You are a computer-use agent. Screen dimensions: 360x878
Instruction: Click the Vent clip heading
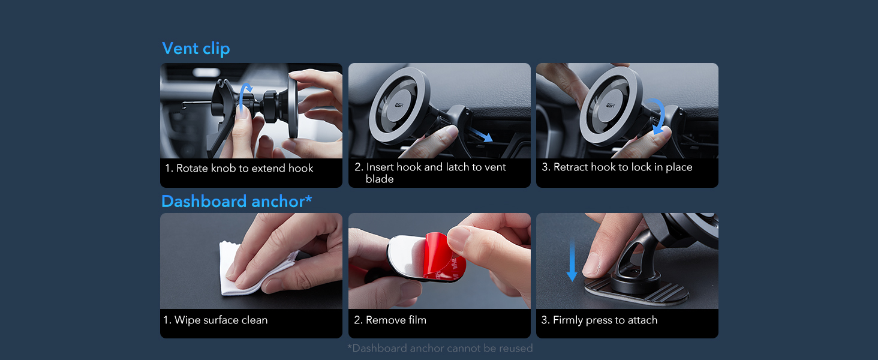(196, 49)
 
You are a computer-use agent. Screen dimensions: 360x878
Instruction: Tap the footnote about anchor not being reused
(440, 348)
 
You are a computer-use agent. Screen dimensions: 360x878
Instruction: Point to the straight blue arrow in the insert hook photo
(480, 133)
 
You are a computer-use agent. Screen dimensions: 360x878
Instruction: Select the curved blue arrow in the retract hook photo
(660, 116)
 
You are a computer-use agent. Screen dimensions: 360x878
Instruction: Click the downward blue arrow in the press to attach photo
(572, 260)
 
